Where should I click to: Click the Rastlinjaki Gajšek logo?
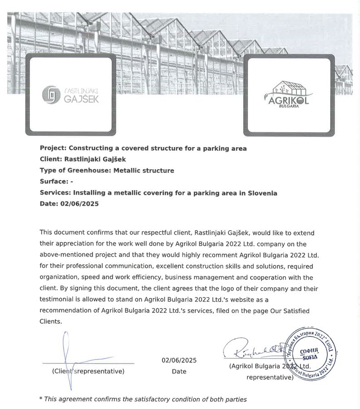click(70, 95)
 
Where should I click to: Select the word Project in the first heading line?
click(52, 148)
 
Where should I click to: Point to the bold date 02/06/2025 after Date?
click(79, 204)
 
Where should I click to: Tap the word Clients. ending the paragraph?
click(51, 321)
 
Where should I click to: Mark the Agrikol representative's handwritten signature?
click(254, 349)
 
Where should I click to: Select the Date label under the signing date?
click(179, 371)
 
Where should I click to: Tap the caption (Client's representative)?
click(88, 371)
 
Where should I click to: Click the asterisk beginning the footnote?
click(41, 399)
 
